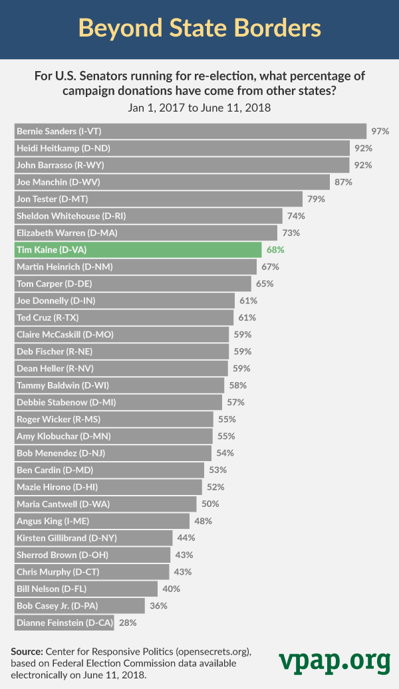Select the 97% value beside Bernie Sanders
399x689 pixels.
(380, 131)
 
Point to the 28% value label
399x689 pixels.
(128, 623)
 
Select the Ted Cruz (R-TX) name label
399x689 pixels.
(43, 318)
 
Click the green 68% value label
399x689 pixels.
(276, 250)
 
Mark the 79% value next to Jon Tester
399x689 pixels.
(317, 199)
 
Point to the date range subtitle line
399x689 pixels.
(199, 107)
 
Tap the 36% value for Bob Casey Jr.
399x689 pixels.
(158, 606)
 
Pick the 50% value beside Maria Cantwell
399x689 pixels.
(210, 504)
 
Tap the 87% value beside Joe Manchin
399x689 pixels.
(344, 182)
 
